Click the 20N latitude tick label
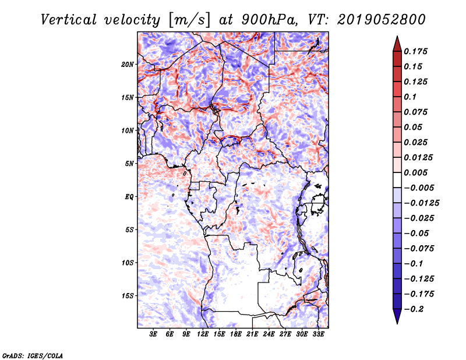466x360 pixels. coord(127,65)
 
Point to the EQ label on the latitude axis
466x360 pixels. coord(129,197)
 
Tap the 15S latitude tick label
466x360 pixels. coord(127,296)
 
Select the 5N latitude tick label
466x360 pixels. coord(129,164)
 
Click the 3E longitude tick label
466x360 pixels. coord(153,334)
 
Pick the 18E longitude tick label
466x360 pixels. coord(236,334)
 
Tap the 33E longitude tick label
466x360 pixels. coord(318,334)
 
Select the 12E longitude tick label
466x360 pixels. coord(203,334)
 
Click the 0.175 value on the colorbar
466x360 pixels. coord(415,51)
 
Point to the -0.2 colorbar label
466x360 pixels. coord(414,309)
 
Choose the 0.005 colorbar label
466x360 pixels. coord(415,172)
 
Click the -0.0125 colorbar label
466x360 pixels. coord(421,203)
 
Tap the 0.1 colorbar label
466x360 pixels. coord(410,97)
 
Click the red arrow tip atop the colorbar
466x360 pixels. coord(397,36)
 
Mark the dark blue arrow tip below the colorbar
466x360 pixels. coord(397,323)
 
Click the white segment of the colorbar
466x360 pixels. coord(397,180)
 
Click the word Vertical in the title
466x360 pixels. coord(69,20)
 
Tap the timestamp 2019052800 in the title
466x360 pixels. coord(382,20)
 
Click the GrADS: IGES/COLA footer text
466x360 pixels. coord(33,355)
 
